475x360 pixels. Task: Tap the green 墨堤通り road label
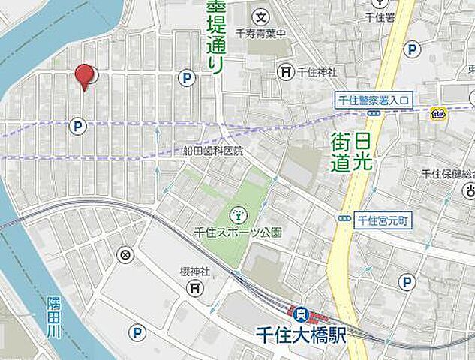click(x=215, y=37)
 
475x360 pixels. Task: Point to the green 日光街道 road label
click(x=351, y=152)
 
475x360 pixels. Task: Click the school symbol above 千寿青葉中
click(x=260, y=16)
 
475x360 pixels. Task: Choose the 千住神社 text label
click(x=316, y=72)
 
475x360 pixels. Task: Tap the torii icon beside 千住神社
click(x=286, y=71)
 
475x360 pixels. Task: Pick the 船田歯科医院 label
click(x=214, y=151)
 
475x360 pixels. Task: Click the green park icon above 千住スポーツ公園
click(x=238, y=213)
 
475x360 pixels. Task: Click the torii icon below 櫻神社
click(x=194, y=287)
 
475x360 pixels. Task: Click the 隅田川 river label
click(x=53, y=314)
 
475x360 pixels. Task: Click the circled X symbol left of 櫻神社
click(x=125, y=255)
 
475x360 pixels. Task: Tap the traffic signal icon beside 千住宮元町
click(x=344, y=219)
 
